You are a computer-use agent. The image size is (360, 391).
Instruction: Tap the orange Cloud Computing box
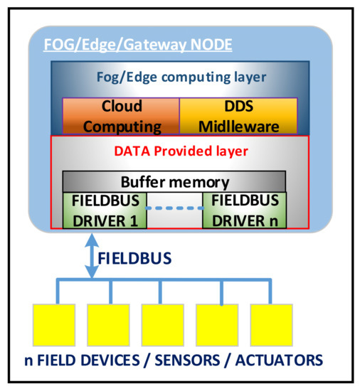point(120,116)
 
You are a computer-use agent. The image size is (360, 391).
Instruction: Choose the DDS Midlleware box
point(238,116)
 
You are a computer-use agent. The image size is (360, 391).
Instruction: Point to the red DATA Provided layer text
point(179,151)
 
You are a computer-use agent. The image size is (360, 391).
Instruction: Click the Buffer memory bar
point(174,181)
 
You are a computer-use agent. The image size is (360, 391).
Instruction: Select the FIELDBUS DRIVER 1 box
point(105,210)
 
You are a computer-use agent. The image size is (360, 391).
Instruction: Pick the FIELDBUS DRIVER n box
point(245,210)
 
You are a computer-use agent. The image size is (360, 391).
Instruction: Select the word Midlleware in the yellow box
point(238,125)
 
